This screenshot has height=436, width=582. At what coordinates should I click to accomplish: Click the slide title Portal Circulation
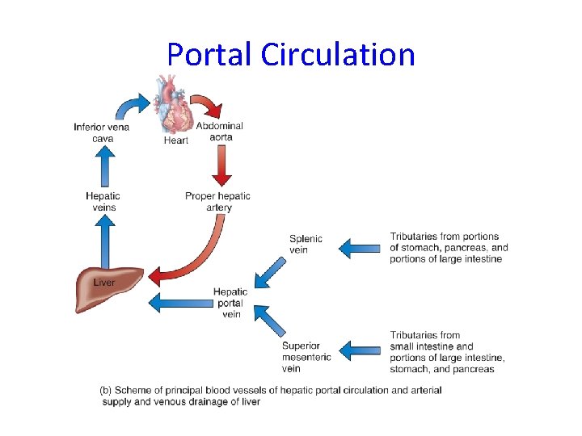tap(291, 54)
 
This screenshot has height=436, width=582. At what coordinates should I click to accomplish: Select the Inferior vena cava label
tap(101, 132)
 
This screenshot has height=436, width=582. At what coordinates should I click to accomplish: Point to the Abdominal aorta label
tap(219, 132)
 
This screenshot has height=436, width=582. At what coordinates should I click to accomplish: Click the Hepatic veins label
tap(103, 201)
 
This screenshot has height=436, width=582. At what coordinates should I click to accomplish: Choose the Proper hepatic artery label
tap(217, 201)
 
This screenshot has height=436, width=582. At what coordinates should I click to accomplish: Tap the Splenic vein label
tap(306, 244)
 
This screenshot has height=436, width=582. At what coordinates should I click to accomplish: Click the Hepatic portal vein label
tap(230, 303)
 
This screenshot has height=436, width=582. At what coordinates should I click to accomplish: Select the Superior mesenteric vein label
tap(306, 357)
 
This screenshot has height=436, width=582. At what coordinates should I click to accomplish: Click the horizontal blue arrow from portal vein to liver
tap(178, 302)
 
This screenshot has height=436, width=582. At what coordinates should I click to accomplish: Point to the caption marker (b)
tap(105, 390)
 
